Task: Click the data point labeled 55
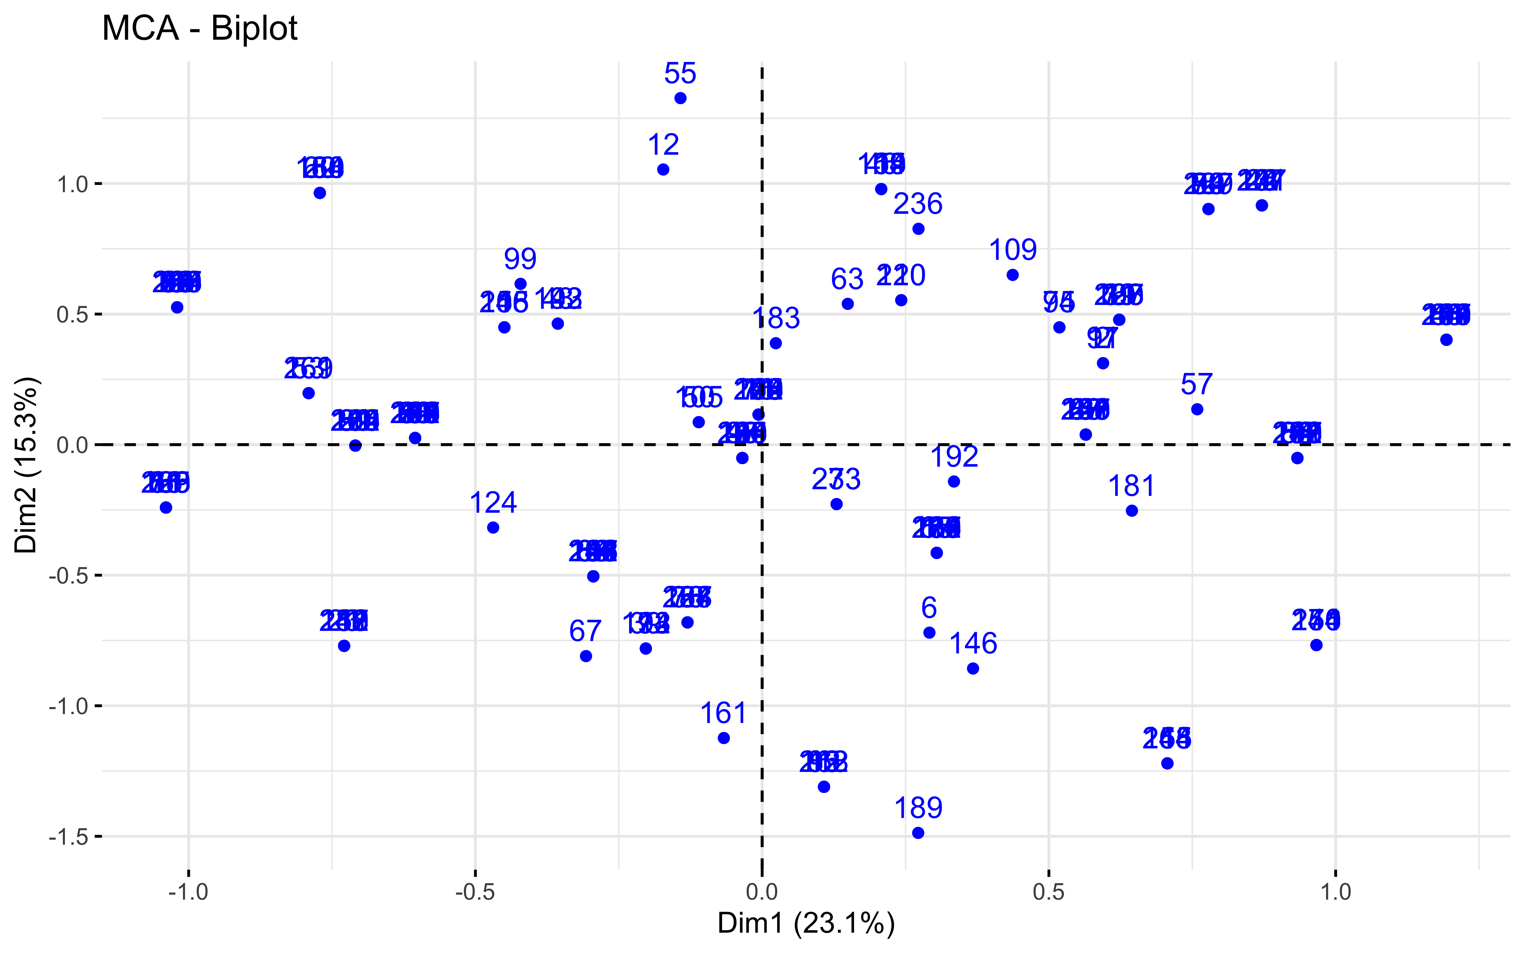[x=680, y=98]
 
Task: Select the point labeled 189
[x=918, y=833]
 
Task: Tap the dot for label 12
[x=663, y=170]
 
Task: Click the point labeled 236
[x=918, y=229]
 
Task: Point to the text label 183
[x=776, y=318]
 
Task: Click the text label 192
[x=954, y=457]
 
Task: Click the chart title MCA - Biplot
[x=200, y=28]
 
